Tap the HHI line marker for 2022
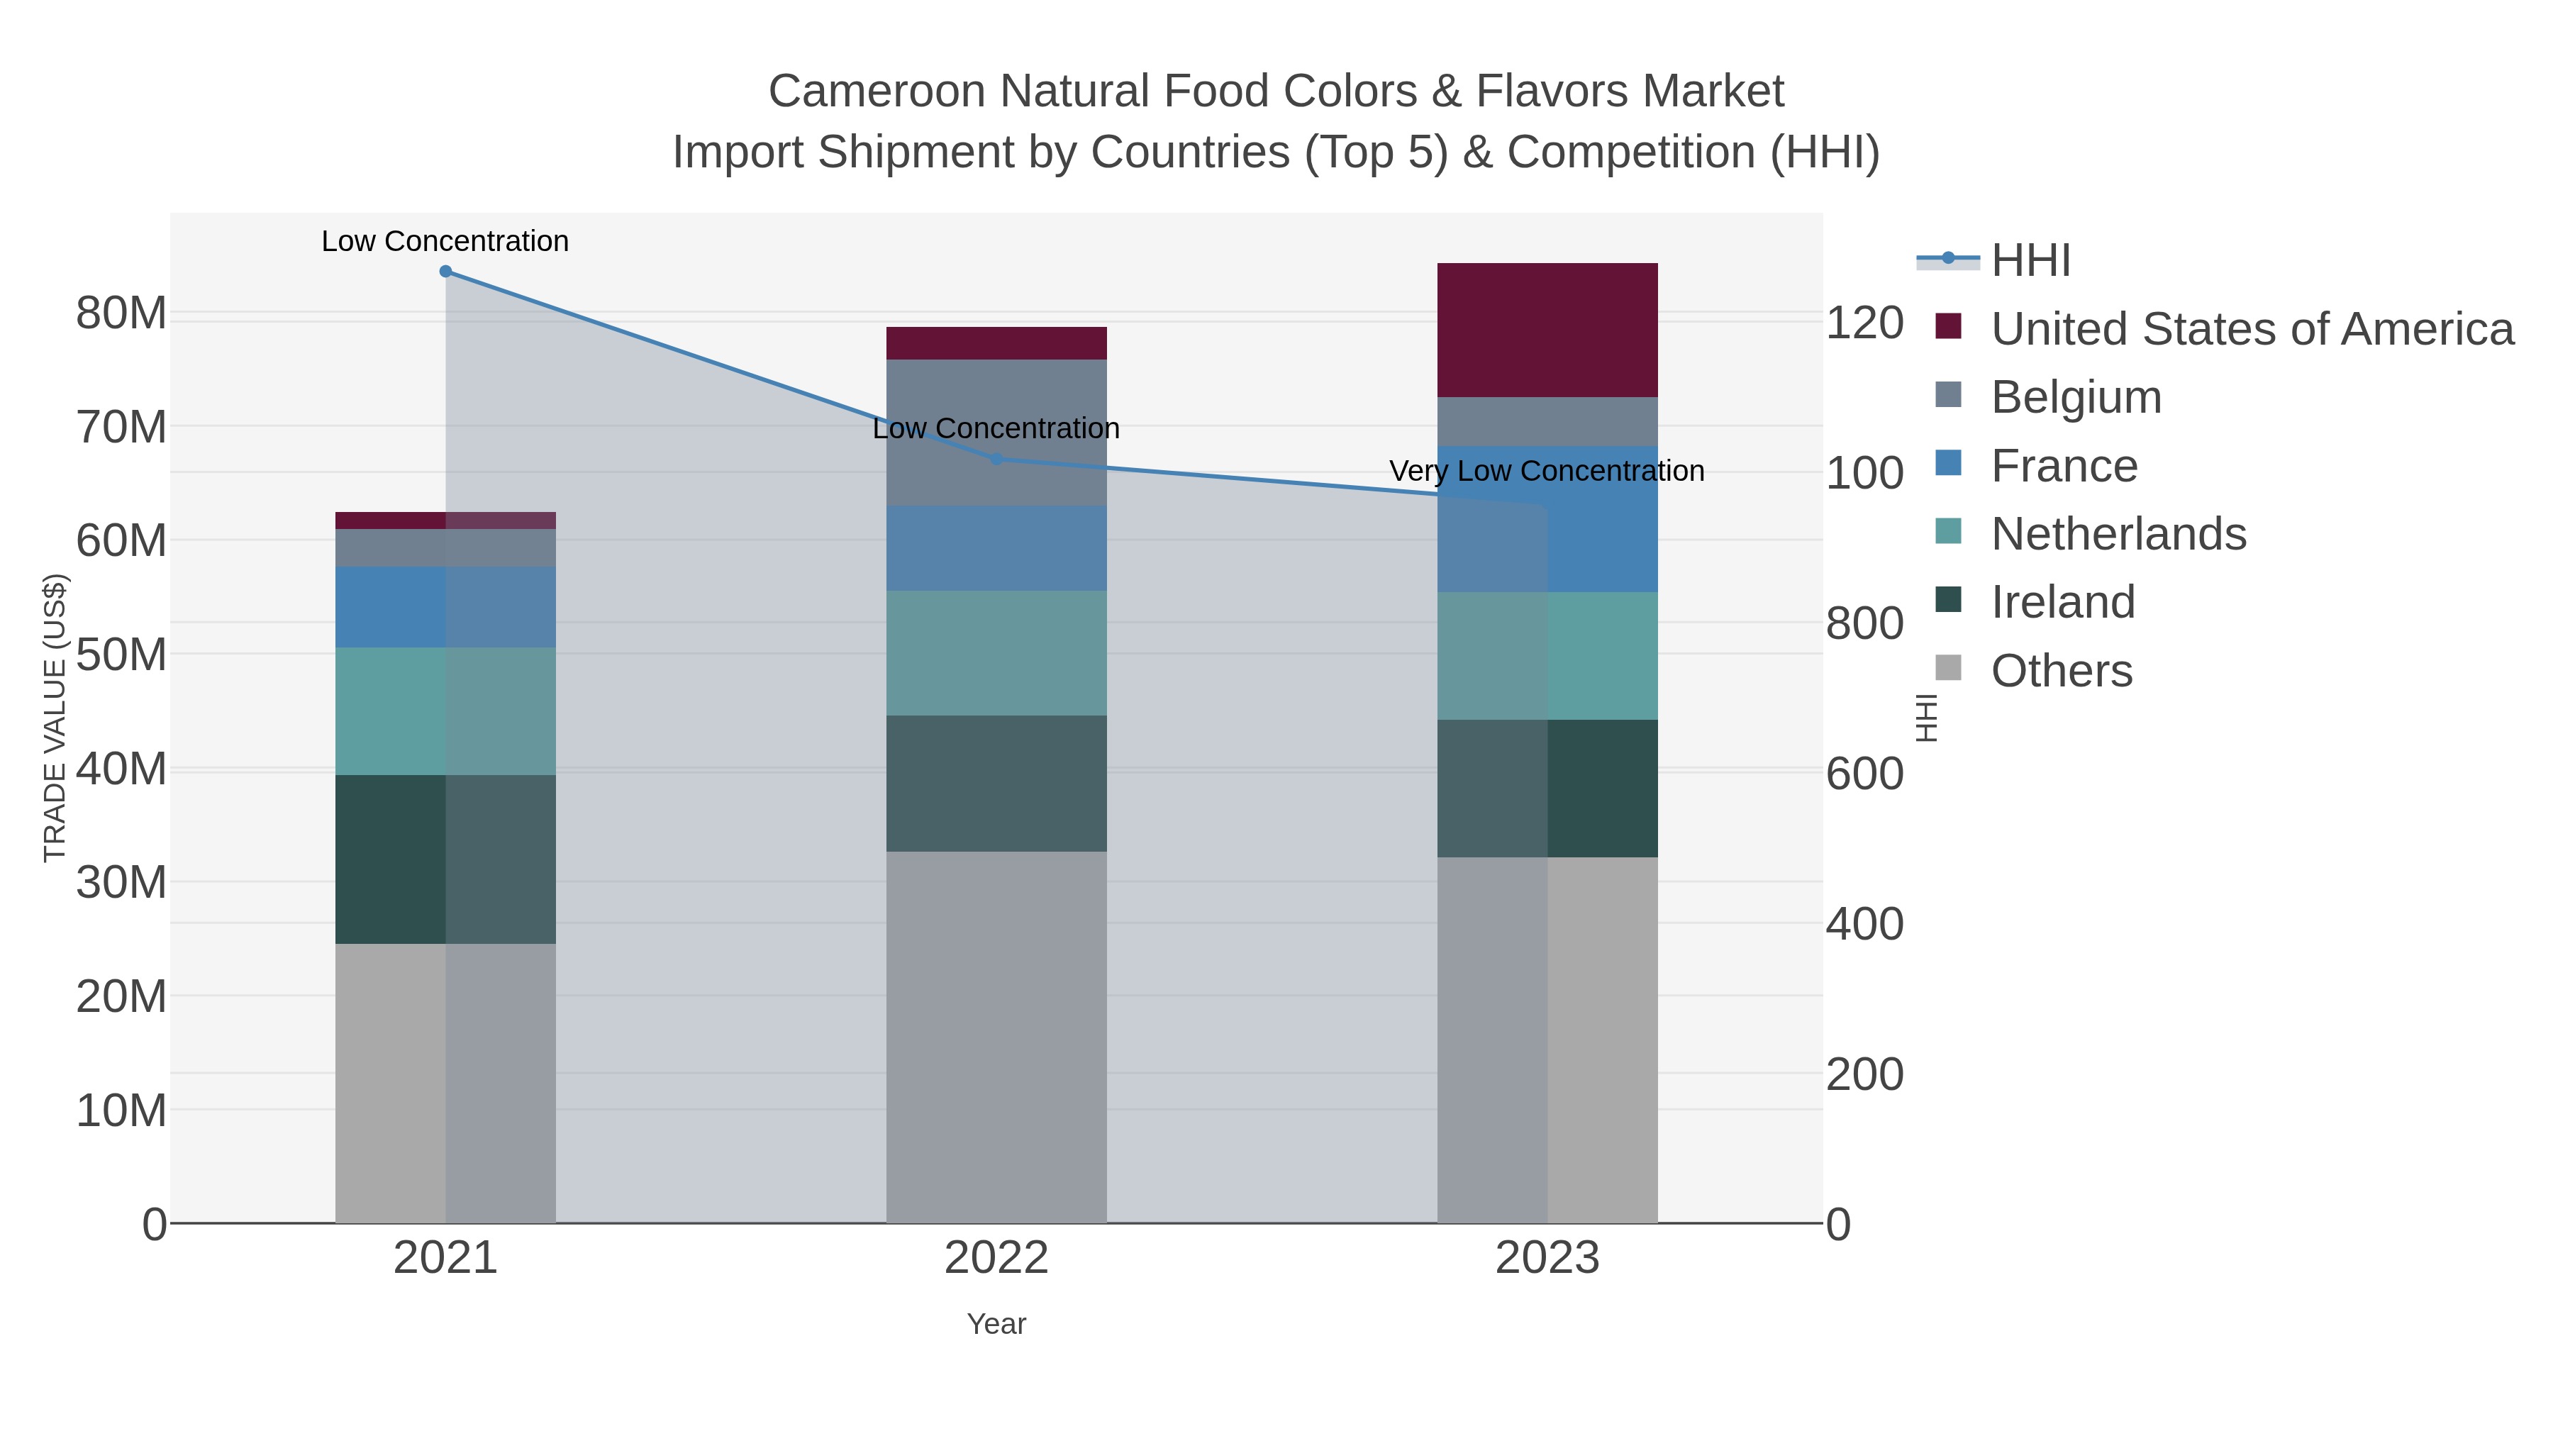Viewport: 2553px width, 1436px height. [x=997, y=459]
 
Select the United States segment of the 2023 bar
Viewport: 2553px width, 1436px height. [x=1547, y=330]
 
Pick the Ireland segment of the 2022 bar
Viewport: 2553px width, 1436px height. [x=996, y=783]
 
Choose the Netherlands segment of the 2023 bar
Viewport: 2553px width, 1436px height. [x=1547, y=655]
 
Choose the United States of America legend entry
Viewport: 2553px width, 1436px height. [x=2251, y=329]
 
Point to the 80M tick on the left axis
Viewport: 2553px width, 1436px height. [x=121, y=313]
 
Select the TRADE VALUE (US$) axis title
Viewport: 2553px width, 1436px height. [x=55, y=718]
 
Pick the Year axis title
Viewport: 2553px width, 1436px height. [x=996, y=1324]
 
